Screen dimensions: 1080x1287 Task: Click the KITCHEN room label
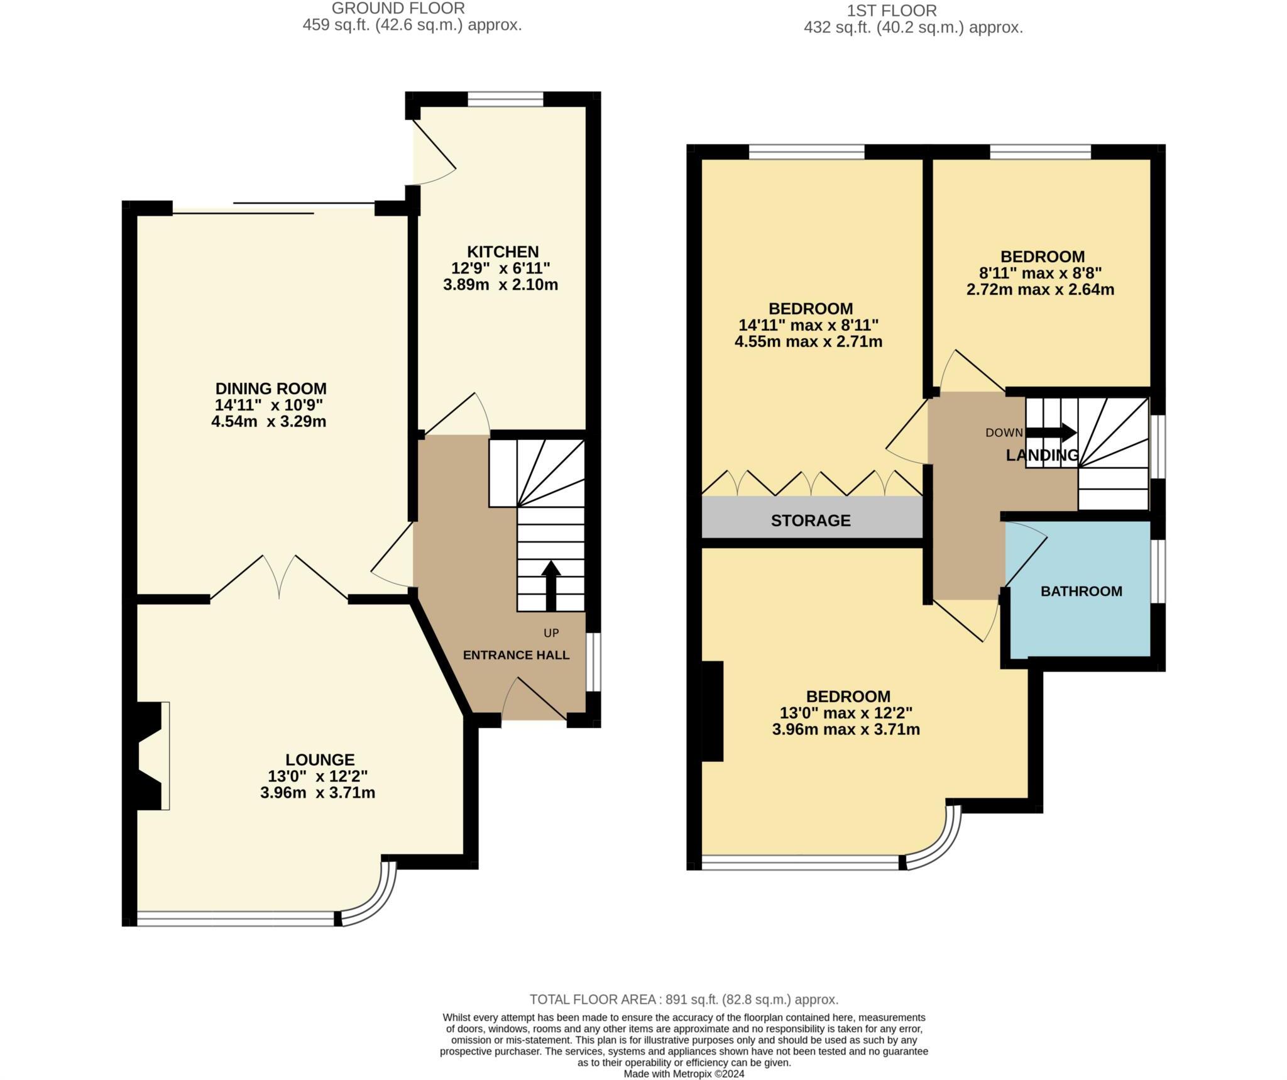click(502, 251)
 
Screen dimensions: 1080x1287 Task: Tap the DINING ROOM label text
click(271, 388)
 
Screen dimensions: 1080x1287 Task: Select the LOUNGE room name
click(320, 759)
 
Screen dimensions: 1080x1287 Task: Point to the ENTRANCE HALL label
click(516, 655)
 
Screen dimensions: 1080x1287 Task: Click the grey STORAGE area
click(811, 520)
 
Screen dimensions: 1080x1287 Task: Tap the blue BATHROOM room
click(1081, 591)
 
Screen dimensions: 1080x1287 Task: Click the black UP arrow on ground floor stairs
click(551, 585)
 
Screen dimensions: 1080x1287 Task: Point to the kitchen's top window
click(505, 99)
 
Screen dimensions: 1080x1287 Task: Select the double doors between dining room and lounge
click(278, 575)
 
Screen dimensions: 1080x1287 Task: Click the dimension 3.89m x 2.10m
click(500, 285)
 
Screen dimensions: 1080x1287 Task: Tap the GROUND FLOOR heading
click(398, 8)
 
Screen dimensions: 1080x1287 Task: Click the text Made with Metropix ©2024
click(684, 1074)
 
